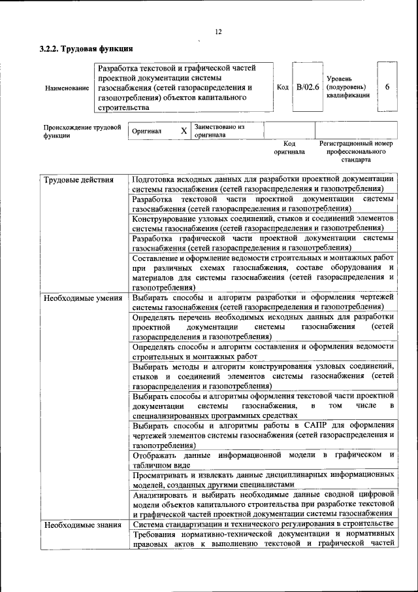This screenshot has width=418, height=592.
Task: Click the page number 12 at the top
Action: tap(218, 32)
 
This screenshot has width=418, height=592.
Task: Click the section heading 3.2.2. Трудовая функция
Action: tap(86, 48)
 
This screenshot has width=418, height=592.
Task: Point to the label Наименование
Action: tap(67, 88)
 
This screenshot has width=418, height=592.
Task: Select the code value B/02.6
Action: tap(307, 87)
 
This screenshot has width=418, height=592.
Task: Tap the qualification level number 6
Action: tap(387, 87)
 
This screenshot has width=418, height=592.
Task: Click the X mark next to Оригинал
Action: tap(184, 131)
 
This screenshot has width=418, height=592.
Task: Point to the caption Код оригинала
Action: tap(289, 147)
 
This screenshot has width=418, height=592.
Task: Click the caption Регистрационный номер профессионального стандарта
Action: tap(355, 151)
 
